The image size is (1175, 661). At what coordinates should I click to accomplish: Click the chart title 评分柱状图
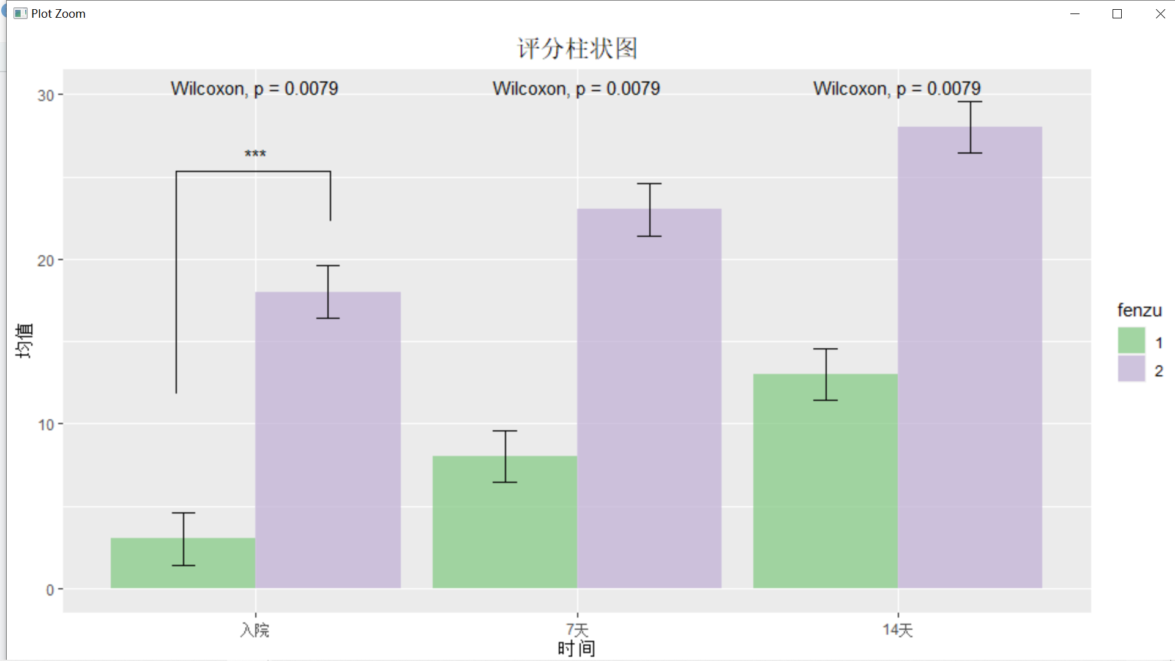(577, 48)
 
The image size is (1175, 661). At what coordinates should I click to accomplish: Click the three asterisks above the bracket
(255, 154)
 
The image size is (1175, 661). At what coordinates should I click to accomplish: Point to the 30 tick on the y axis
(46, 95)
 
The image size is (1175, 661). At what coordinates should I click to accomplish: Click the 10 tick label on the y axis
(46, 425)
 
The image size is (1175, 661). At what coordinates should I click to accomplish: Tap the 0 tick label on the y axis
(50, 590)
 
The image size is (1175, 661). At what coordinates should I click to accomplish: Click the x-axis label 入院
(255, 630)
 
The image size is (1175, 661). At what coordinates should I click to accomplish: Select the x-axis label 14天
(897, 630)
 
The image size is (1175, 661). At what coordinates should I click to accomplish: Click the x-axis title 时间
(576, 649)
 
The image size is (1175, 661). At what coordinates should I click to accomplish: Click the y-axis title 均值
(24, 341)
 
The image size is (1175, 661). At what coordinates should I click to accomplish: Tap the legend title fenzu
(1139, 310)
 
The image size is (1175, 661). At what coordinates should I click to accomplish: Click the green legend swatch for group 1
(1131, 341)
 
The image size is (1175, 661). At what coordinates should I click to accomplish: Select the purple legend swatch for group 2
(1131, 369)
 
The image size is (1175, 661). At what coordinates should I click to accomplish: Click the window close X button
(1160, 13)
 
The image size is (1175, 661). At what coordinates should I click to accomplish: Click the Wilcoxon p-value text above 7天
(576, 89)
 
